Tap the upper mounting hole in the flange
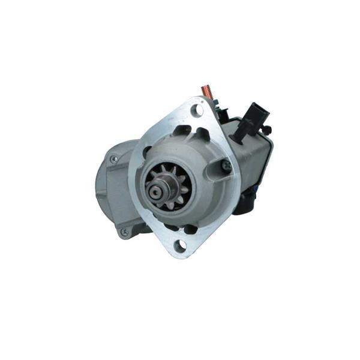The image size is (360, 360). (x=194, y=109)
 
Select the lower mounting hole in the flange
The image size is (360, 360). (x=179, y=245)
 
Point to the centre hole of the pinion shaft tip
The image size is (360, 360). (x=154, y=192)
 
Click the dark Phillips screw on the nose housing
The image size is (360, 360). (x=226, y=165)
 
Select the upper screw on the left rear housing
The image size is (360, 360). (x=113, y=160)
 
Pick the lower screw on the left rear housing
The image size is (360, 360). (x=124, y=231)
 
